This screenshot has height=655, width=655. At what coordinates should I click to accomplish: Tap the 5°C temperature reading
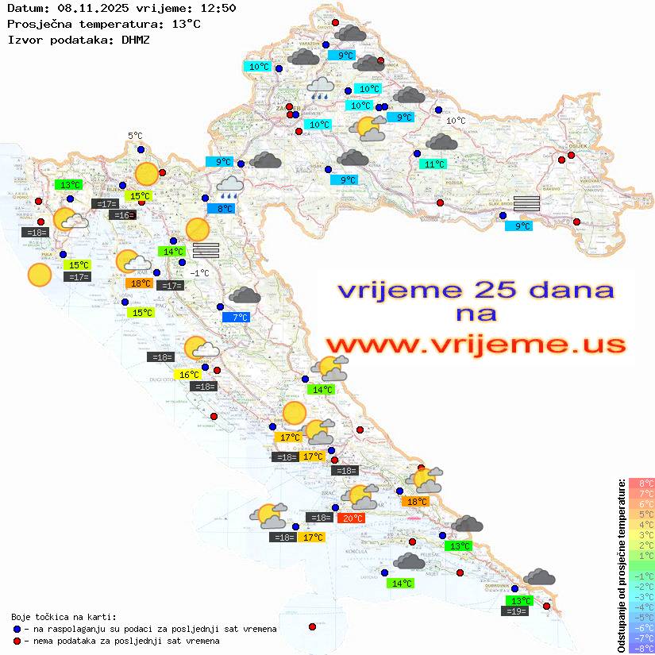tap(135, 136)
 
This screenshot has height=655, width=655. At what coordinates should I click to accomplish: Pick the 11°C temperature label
tap(433, 164)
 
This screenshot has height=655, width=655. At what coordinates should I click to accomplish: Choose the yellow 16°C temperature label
tap(188, 374)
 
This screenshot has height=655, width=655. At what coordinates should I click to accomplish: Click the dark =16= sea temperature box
tap(123, 215)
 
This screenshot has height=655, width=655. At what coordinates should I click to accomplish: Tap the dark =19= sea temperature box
tap(516, 611)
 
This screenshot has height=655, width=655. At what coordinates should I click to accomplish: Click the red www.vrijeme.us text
tap(476, 345)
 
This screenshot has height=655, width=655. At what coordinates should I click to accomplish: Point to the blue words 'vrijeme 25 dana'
tap(476, 290)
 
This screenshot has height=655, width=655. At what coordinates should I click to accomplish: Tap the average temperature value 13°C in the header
tap(186, 24)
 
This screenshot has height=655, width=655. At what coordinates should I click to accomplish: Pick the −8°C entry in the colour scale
tap(642, 648)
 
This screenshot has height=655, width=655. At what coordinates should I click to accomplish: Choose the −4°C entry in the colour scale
tap(642, 607)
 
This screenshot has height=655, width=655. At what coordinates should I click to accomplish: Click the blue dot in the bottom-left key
tap(17, 629)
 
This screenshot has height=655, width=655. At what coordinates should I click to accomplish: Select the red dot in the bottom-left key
tap(17, 641)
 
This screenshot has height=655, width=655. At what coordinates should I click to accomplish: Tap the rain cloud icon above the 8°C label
tap(229, 187)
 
